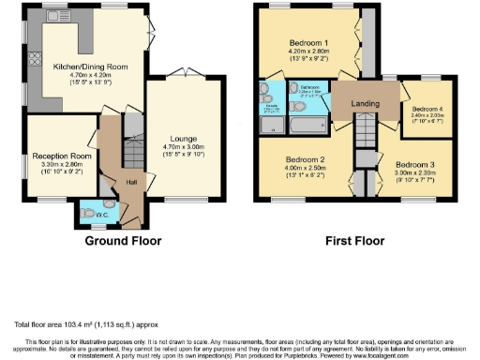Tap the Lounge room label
pos(183,137)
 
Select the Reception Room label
pos(59,155)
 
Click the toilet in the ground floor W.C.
pos(111,204)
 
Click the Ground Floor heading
pos(123,241)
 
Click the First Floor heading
pos(354,241)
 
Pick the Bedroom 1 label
pos(307,44)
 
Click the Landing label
pos(364,105)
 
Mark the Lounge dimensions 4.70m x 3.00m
pos(183,146)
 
